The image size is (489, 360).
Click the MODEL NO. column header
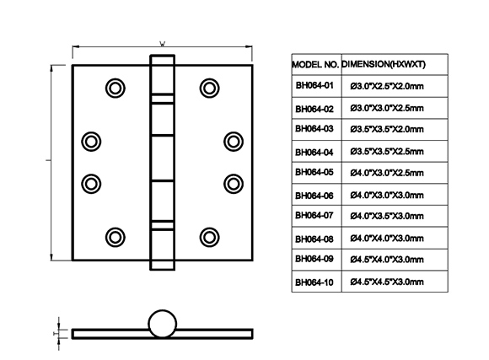pyautogui.click(x=315, y=65)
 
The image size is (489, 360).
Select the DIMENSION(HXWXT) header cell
pyautogui.click(x=384, y=64)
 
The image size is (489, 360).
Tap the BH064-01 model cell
pyautogui.click(x=314, y=85)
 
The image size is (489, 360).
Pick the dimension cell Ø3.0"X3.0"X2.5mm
pyautogui.click(x=387, y=108)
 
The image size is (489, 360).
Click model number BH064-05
pyautogui.click(x=314, y=172)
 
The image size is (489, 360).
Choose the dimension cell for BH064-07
pyautogui.click(x=387, y=216)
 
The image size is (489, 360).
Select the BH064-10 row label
pyautogui.click(x=314, y=282)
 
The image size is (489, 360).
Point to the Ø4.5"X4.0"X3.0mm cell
pyautogui.click(x=387, y=259)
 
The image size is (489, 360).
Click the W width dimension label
pyautogui.click(x=163, y=43)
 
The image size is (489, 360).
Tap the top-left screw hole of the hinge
pyautogui.click(x=116, y=89)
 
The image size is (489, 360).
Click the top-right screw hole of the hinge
pyautogui.click(x=209, y=89)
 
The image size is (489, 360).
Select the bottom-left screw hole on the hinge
pyautogui.click(x=116, y=238)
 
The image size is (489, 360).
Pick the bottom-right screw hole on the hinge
pyautogui.click(x=209, y=238)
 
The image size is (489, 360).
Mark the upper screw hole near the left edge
pyautogui.click(x=91, y=142)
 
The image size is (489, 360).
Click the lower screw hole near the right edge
pyautogui.click(x=234, y=184)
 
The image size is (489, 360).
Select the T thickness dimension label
pyautogui.click(x=55, y=334)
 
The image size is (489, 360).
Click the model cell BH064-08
pyautogui.click(x=314, y=239)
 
